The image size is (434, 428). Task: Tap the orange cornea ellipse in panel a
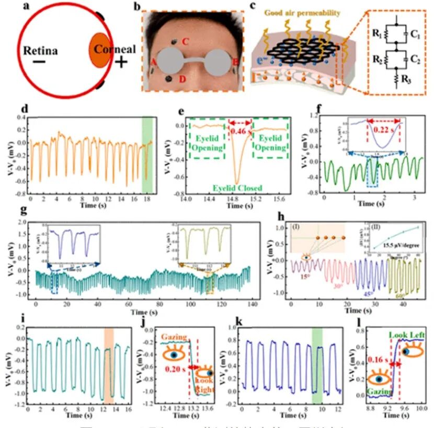[x=98, y=51]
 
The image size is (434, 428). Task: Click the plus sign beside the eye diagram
[x=121, y=62]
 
